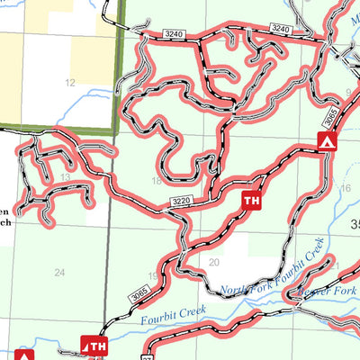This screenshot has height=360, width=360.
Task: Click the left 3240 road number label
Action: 175,32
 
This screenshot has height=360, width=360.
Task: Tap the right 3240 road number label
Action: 281,30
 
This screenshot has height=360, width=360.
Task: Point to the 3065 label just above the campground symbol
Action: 329,114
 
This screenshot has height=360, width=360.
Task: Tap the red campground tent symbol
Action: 327,141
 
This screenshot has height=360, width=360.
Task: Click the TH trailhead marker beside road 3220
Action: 252,201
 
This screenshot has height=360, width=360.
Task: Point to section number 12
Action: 69,83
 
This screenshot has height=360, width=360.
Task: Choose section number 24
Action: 59,272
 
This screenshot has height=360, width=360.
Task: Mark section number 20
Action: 213,262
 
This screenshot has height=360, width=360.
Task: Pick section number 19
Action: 153,275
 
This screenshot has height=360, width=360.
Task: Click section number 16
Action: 345,188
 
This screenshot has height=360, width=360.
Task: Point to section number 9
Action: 348,92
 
